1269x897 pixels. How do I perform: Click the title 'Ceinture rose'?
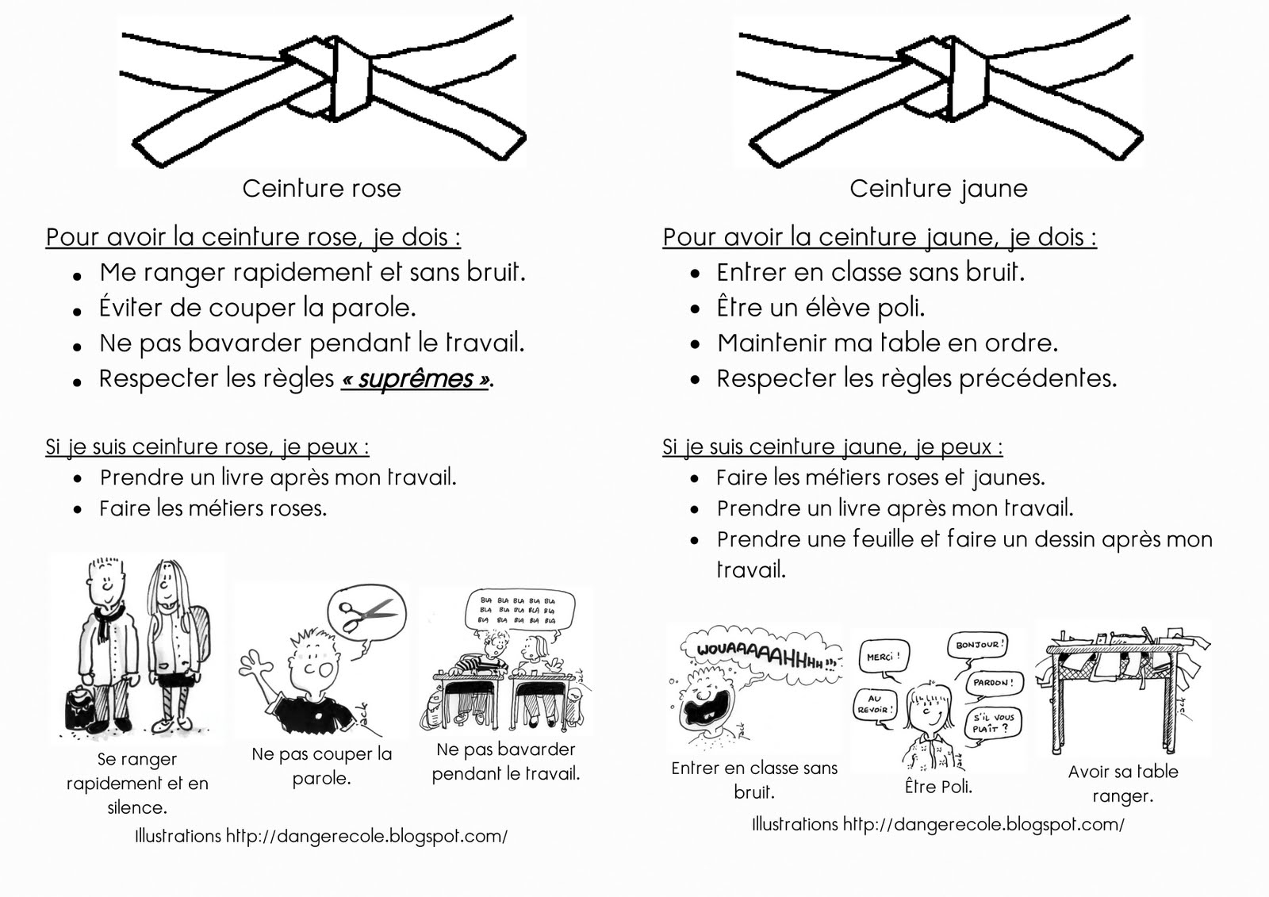tap(321, 189)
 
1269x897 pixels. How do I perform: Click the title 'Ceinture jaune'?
tap(938, 189)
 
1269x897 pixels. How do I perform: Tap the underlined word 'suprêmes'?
tap(415, 379)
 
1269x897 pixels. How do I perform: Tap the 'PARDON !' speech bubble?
tap(991, 683)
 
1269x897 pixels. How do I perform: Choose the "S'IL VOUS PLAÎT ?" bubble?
tap(994, 723)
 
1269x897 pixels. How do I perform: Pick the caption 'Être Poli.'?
tap(938, 787)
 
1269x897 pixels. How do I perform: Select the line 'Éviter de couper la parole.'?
tap(258, 308)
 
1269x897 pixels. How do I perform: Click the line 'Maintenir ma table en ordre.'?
tap(888, 343)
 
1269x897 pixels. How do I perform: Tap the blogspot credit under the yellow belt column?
tap(937, 825)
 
